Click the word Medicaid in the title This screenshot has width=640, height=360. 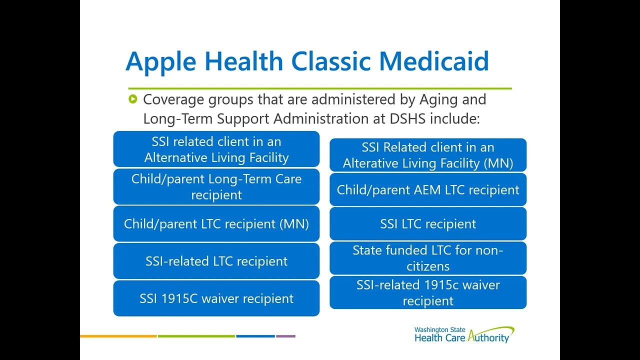point(433,61)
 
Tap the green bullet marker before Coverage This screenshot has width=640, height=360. point(132,99)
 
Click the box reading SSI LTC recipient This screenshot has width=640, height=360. point(428,224)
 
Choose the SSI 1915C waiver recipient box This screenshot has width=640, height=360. point(216,298)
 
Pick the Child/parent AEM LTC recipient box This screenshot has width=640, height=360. point(428,190)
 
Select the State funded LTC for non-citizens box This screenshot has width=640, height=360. point(428,258)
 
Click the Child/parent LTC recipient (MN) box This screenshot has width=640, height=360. point(216,223)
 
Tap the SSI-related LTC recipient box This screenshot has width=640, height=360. point(216,261)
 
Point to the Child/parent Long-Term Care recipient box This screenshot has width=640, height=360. point(216,186)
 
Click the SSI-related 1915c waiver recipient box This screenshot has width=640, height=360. point(428,292)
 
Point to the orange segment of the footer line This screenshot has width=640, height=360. point(118,336)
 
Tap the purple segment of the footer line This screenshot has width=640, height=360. point(285,336)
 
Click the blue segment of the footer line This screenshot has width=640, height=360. point(255,336)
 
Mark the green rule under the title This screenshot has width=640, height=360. point(320,88)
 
